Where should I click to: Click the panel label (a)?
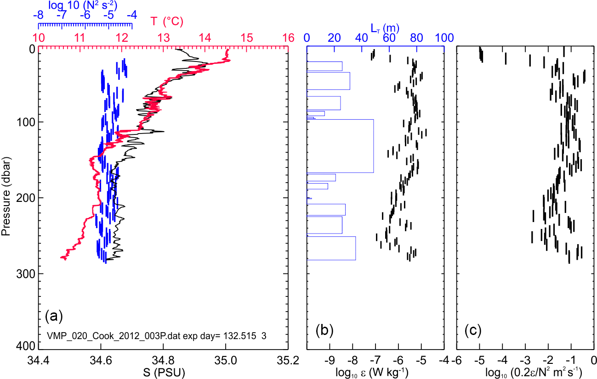pos(53,316)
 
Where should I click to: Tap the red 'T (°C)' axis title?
pos(167,21)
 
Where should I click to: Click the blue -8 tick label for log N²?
pos(39,15)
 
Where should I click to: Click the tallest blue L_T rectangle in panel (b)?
pos(340,146)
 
